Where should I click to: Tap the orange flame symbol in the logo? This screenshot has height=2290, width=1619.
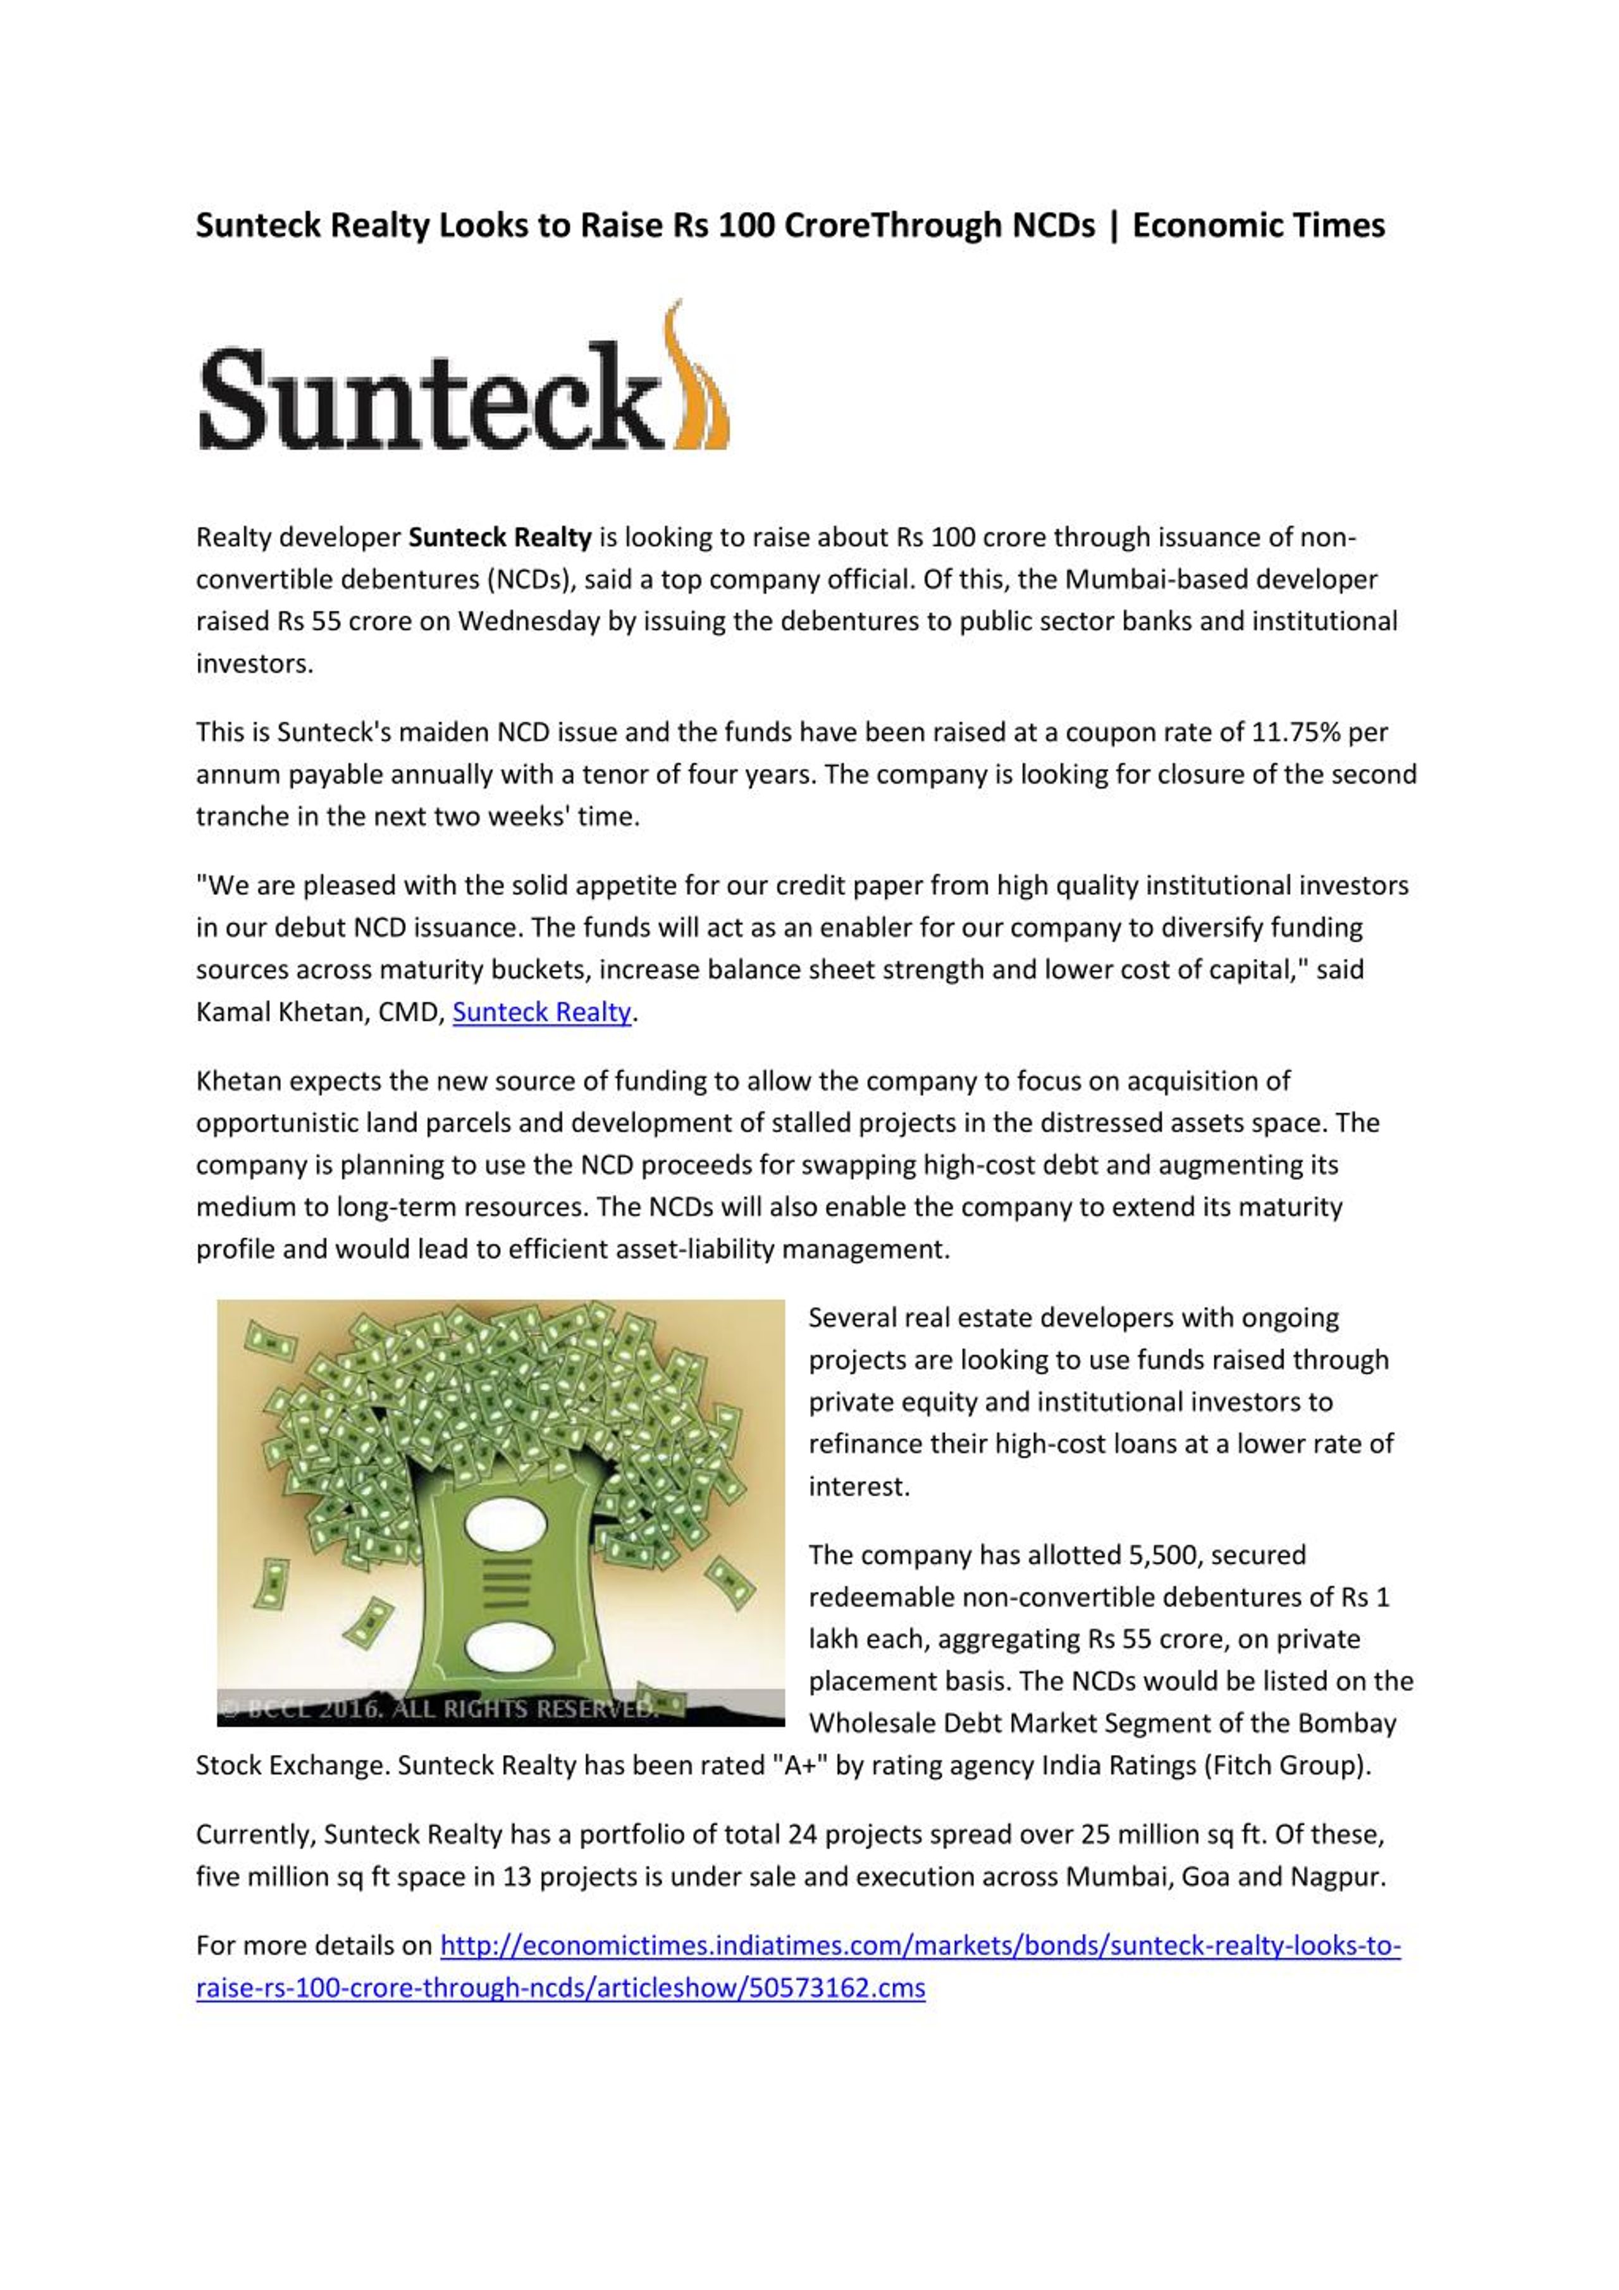click(x=698, y=384)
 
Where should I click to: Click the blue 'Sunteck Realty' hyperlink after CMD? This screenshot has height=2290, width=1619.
click(x=541, y=1013)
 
